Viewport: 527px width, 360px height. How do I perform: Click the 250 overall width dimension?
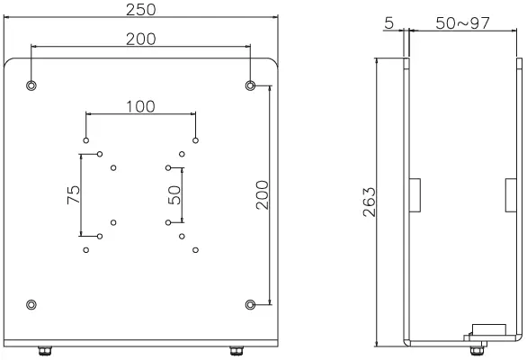pos(142,9)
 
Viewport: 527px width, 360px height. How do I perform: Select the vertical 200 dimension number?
pos(262,193)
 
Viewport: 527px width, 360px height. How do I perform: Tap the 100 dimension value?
pos(139,106)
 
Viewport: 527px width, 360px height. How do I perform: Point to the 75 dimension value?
pos(74,194)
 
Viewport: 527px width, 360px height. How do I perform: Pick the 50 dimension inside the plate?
pos(175,194)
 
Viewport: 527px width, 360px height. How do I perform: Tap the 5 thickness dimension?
pos(389,22)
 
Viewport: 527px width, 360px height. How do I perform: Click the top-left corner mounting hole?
pos(31,85)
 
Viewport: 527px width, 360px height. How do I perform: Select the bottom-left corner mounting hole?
pos(31,303)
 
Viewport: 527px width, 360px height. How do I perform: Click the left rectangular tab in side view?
pos(416,195)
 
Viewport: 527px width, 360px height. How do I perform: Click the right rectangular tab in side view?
pos(509,195)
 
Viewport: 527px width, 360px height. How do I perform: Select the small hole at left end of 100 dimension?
pos(86,140)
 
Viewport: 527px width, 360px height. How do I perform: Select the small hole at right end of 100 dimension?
pos(195,140)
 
